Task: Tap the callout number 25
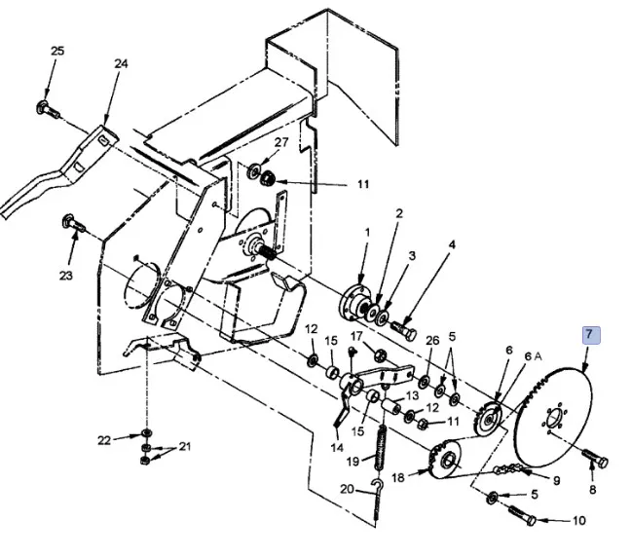57,51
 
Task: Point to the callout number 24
121,64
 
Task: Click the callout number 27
281,143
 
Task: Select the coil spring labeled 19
381,445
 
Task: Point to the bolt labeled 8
594,455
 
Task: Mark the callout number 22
105,440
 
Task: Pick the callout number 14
337,448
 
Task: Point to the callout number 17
356,336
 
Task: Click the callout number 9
557,480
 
